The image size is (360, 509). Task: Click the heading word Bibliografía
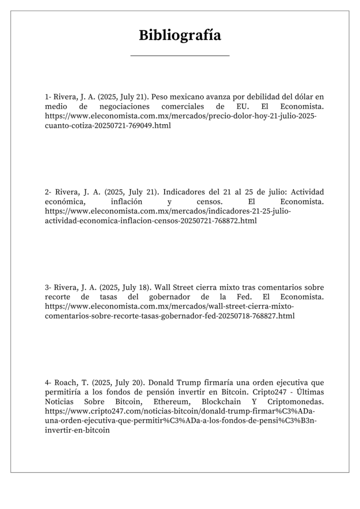click(180, 35)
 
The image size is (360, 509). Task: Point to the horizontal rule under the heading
click(180, 56)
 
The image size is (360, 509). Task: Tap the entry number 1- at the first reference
click(48, 97)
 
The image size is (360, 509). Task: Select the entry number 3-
click(48, 287)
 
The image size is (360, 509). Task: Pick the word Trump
click(189, 383)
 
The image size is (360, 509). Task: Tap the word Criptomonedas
click(295, 402)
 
